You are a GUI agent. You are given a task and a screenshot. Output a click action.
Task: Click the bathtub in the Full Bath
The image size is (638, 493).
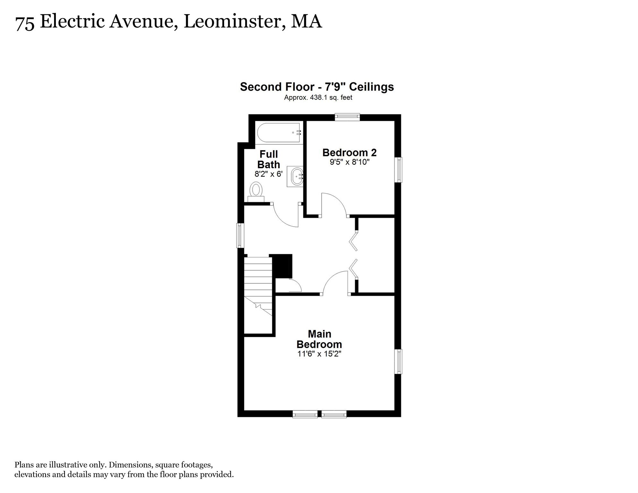tap(279, 133)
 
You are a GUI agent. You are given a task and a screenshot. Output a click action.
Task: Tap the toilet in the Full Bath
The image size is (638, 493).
tap(256, 192)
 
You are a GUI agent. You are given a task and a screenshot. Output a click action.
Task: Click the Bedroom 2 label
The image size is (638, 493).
tap(349, 152)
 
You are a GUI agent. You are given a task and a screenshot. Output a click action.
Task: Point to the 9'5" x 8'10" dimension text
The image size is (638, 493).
tap(350, 162)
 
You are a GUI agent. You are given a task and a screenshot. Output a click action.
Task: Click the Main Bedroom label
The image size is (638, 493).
tap(319, 339)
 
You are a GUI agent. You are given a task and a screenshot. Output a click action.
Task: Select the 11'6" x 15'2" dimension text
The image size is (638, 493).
tap(319, 354)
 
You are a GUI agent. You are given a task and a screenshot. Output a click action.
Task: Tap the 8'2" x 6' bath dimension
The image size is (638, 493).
tap(269, 174)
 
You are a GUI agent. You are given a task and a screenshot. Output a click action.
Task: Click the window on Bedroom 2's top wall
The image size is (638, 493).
tap(347, 117)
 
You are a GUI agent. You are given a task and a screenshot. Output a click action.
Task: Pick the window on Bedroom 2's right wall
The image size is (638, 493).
tap(398, 170)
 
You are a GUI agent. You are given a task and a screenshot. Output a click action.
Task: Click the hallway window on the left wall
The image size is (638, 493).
tap(240, 236)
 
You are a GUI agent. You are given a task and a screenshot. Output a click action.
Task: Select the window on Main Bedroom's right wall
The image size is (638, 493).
tap(398, 361)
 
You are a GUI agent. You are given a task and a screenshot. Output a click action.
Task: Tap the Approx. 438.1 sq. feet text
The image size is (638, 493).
tap(318, 97)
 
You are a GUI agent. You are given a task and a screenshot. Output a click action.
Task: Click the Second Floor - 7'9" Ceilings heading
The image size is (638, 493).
tap(317, 87)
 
